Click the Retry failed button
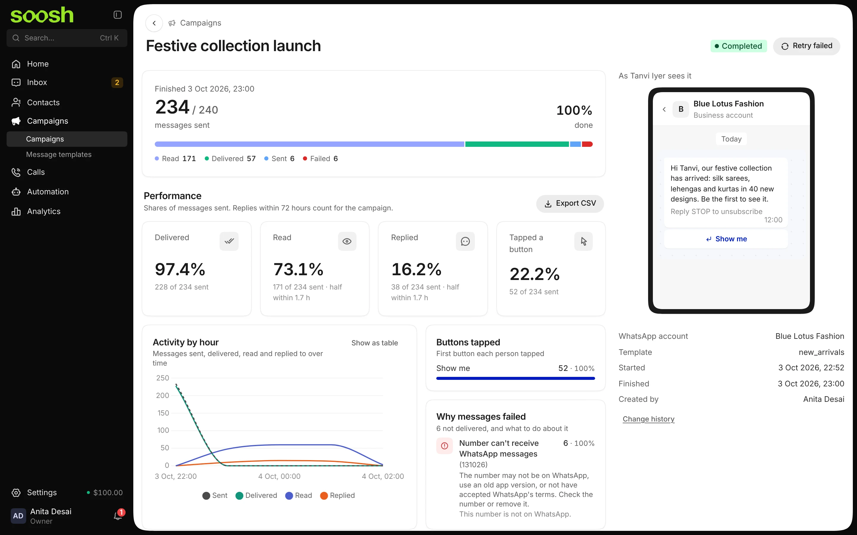click(x=806, y=46)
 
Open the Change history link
click(x=648, y=419)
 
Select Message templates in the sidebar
click(x=59, y=155)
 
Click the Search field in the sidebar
click(x=67, y=38)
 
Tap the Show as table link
click(x=374, y=343)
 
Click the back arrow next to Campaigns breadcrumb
click(x=154, y=23)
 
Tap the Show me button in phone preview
click(x=726, y=239)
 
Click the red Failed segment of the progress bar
click(x=587, y=144)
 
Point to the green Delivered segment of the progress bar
click(x=517, y=144)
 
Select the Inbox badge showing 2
click(x=117, y=82)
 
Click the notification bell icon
click(x=118, y=516)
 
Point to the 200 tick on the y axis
click(x=162, y=396)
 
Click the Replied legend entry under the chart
click(x=337, y=496)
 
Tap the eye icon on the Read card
click(x=347, y=242)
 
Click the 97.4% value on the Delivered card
click(x=180, y=269)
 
